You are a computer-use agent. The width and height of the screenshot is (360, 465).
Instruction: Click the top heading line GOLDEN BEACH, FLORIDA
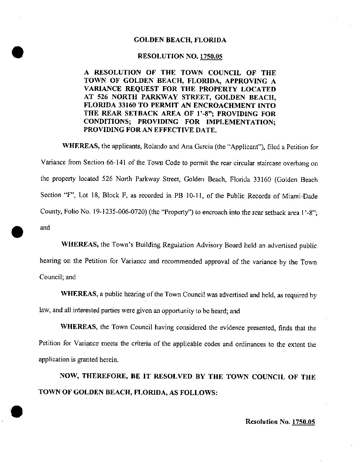(180, 40)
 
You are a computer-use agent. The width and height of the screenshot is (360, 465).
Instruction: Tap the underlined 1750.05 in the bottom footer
(303, 422)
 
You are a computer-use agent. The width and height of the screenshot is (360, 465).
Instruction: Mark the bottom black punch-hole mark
(17, 411)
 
